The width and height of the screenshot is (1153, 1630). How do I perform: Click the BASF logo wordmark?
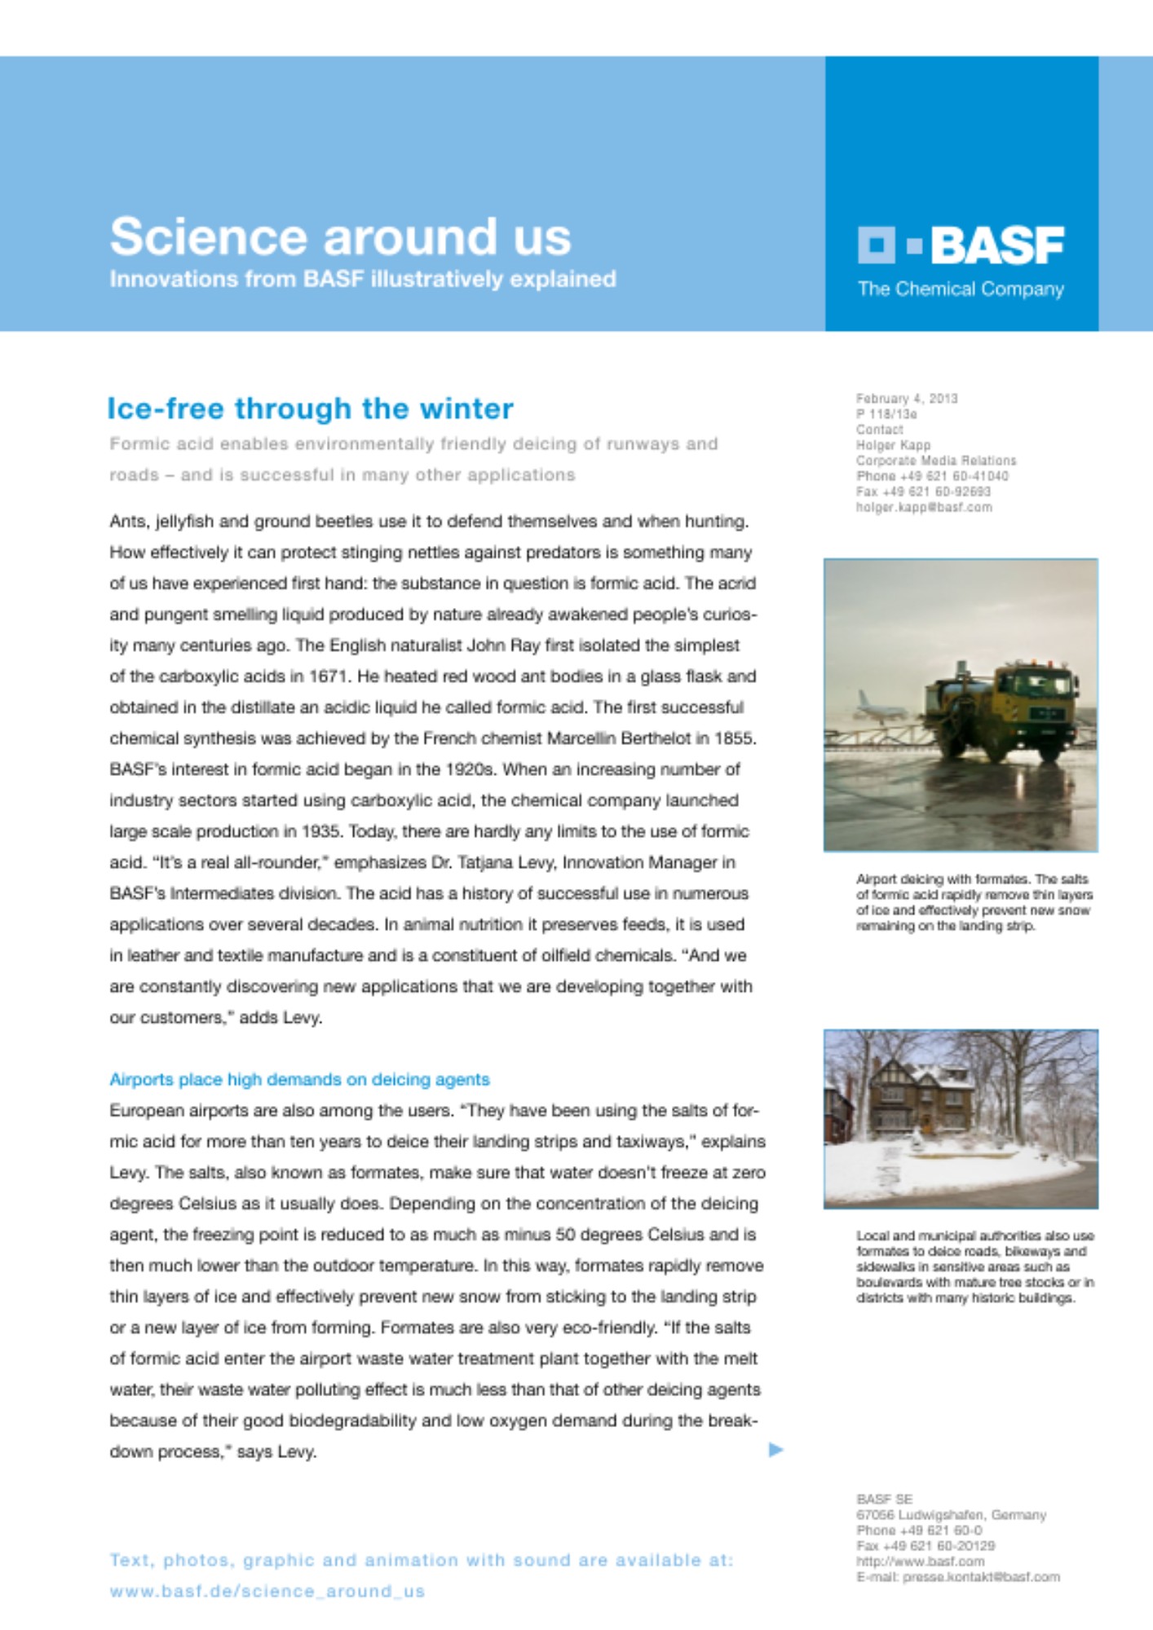pos(996,245)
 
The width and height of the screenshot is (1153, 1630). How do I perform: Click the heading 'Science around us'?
pos(340,237)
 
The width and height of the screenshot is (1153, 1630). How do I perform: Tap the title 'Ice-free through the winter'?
pos(310,408)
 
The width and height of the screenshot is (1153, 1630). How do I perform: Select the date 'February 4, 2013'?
pos(906,399)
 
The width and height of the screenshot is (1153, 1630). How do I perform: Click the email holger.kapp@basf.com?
pos(923,507)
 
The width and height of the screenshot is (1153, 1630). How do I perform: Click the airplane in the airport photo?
pos(877,707)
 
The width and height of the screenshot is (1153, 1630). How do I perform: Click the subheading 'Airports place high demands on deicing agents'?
pos(299,1080)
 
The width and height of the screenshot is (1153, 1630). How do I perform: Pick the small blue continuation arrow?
pos(775,1449)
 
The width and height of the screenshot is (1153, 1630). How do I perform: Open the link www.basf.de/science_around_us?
pos(267,1591)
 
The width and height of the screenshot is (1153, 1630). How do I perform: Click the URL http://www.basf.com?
pos(920,1562)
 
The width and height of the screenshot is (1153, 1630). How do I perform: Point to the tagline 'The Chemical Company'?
pos(960,289)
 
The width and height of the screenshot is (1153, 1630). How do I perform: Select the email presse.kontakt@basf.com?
pos(981,1577)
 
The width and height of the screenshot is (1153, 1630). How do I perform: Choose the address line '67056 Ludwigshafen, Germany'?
pos(950,1514)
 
